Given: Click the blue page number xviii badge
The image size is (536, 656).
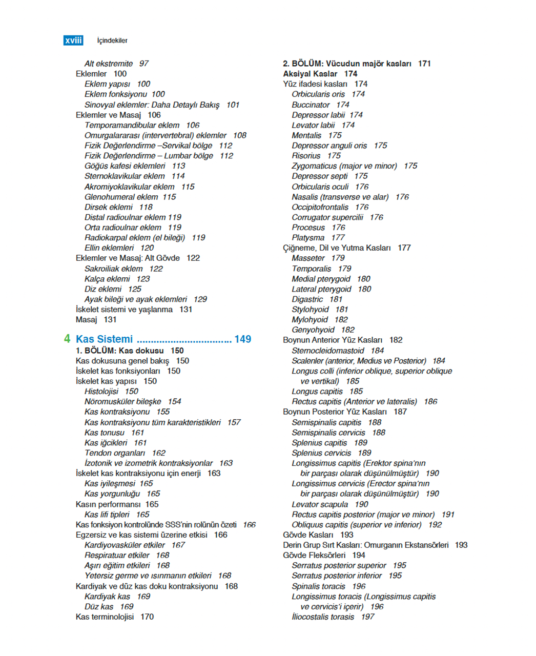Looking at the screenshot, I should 73,40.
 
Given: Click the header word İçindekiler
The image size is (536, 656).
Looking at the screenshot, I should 112,40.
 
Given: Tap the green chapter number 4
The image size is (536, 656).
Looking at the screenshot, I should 67,339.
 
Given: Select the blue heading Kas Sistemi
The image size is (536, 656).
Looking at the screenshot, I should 104,339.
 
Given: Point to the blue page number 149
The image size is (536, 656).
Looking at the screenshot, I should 242,339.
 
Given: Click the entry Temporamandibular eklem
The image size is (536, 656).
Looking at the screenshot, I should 132,125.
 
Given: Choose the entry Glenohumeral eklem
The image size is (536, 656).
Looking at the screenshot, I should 121,197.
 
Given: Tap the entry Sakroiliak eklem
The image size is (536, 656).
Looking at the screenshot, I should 113,269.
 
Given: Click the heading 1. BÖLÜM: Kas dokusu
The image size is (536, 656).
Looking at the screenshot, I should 119,351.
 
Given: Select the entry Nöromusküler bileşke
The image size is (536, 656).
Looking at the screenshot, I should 122,402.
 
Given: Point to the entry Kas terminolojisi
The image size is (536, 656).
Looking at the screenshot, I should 105,617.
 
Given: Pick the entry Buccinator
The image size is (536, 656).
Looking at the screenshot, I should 311,105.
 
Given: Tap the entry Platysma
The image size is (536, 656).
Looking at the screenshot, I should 308,238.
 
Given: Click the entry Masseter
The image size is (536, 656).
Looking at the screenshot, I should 308,258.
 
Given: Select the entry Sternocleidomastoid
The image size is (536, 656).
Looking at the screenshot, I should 328,351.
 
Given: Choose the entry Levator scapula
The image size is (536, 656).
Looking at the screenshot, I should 320,504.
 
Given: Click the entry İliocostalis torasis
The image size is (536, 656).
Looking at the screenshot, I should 323,617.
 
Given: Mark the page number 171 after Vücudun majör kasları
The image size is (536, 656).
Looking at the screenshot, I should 424,64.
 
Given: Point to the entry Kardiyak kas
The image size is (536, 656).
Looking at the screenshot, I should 107,597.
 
